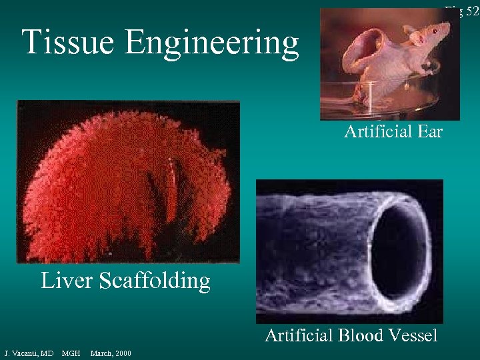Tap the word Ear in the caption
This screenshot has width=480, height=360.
[x=430, y=132]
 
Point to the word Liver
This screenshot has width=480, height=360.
[x=67, y=281]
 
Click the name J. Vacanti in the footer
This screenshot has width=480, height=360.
[x=28, y=353]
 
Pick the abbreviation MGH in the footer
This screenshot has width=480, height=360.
[x=71, y=353]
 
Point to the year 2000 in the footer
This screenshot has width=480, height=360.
[x=123, y=353]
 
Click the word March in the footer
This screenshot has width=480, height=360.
[x=100, y=353]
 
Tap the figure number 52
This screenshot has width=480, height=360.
[x=472, y=11]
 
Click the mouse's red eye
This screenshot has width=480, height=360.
[x=430, y=30]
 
